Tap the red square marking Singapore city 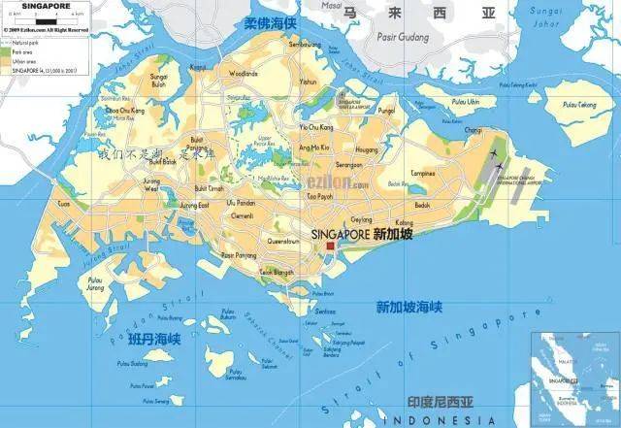330,247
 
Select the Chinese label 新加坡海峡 409,307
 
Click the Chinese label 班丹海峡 154,339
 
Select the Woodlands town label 243,73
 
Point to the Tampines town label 422,174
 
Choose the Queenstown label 283,240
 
